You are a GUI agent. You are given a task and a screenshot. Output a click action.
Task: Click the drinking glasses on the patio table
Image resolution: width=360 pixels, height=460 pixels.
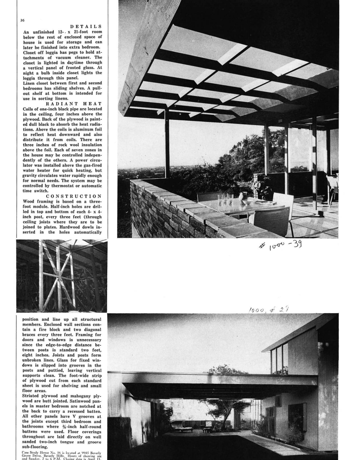(222, 199)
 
